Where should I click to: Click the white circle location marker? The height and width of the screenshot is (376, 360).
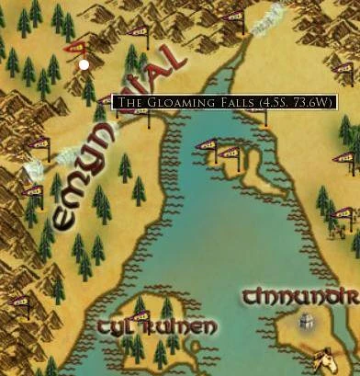(x=84, y=64)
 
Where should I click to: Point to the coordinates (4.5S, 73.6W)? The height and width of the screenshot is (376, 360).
(x=296, y=102)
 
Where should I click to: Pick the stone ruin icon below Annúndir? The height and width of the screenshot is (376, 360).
(x=306, y=323)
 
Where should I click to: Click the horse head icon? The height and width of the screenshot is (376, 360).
(x=322, y=357)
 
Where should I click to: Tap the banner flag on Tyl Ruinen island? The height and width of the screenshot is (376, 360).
(x=140, y=316)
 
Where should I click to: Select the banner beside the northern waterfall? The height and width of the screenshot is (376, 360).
(x=235, y=17)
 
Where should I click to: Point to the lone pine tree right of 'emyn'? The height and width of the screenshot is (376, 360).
(x=139, y=189)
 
